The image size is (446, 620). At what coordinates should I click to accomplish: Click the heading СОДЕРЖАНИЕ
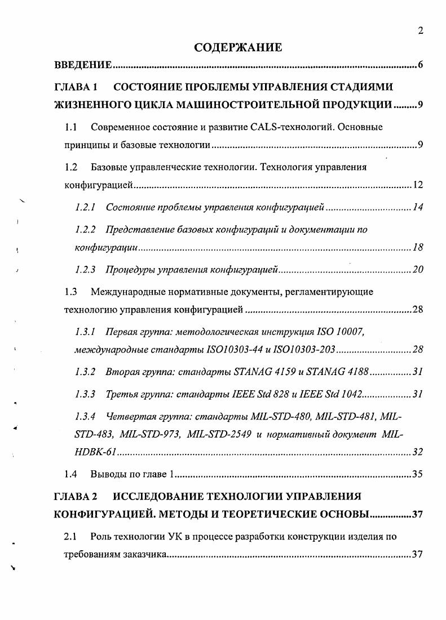coord(238,47)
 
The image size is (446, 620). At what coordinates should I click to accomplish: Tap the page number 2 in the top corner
coord(420,31)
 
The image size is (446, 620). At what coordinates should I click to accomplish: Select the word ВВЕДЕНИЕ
coord(83,65)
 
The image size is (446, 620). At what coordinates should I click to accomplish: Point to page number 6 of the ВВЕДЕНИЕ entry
coord(420,65)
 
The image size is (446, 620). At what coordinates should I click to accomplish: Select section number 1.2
coord(70,167)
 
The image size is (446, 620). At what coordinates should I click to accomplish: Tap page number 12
coord(417,185)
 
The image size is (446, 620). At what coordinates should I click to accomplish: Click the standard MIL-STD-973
coord(153,434)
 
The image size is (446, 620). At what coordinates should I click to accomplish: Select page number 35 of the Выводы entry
coord(417,474)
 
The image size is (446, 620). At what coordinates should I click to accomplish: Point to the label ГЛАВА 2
coord(76,497)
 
